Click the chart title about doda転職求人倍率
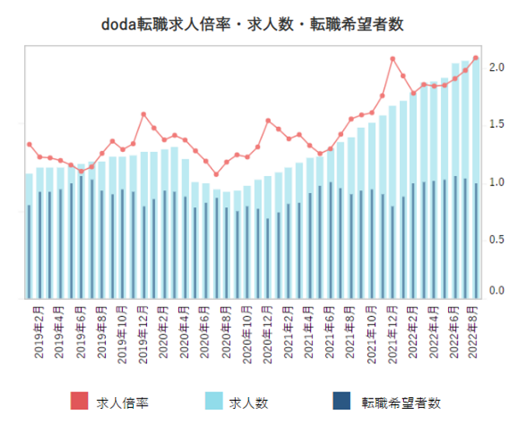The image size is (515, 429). pyautogui.click(x=253, y=24)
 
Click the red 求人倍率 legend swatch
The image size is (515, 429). pyautogui.click(x=79, y=402)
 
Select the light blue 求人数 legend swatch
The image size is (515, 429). pyautogui.click(x=214, y=402)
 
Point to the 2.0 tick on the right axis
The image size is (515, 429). pyautogui.click(x=496, y=68)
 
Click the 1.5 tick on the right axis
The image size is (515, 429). pyautogui.click(x=496, y=124)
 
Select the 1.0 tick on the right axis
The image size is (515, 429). pyautogui.click(x=496, y=181)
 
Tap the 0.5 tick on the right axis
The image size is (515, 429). pyautogui.click(x=496, y=239)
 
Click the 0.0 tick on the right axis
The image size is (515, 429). pyautogui.click(x=496, y=290)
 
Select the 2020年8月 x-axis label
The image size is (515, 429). pyautogui.click(x=226, y=333)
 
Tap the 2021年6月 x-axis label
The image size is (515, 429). pyautogui.click(x=330, y=333)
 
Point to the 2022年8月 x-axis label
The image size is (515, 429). pyautogui.click(x=475, y=333)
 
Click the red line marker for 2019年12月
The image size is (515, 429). pyautogui.click(x=143, y=114)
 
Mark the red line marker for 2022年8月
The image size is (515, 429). pyautogui.click(x=475, y=58)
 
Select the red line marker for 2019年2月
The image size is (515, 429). pyautogui.click(x=30, y=144)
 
